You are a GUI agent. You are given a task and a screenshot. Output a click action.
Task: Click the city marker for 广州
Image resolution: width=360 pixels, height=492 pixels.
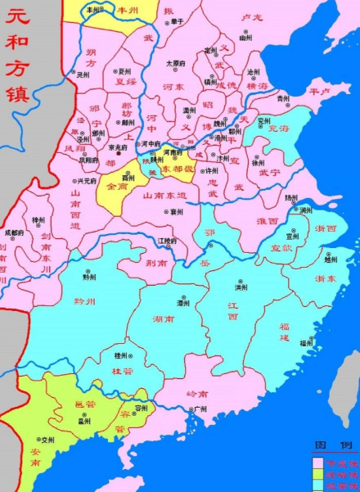191,408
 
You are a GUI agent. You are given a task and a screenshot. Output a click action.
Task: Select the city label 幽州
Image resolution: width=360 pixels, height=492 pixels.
245,38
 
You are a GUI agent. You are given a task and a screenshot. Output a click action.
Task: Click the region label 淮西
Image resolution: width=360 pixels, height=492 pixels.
267,220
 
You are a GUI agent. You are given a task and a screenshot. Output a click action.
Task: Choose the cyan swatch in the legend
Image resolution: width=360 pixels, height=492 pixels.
317,485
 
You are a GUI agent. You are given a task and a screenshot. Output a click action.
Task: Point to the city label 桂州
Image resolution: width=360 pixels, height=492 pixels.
121,356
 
